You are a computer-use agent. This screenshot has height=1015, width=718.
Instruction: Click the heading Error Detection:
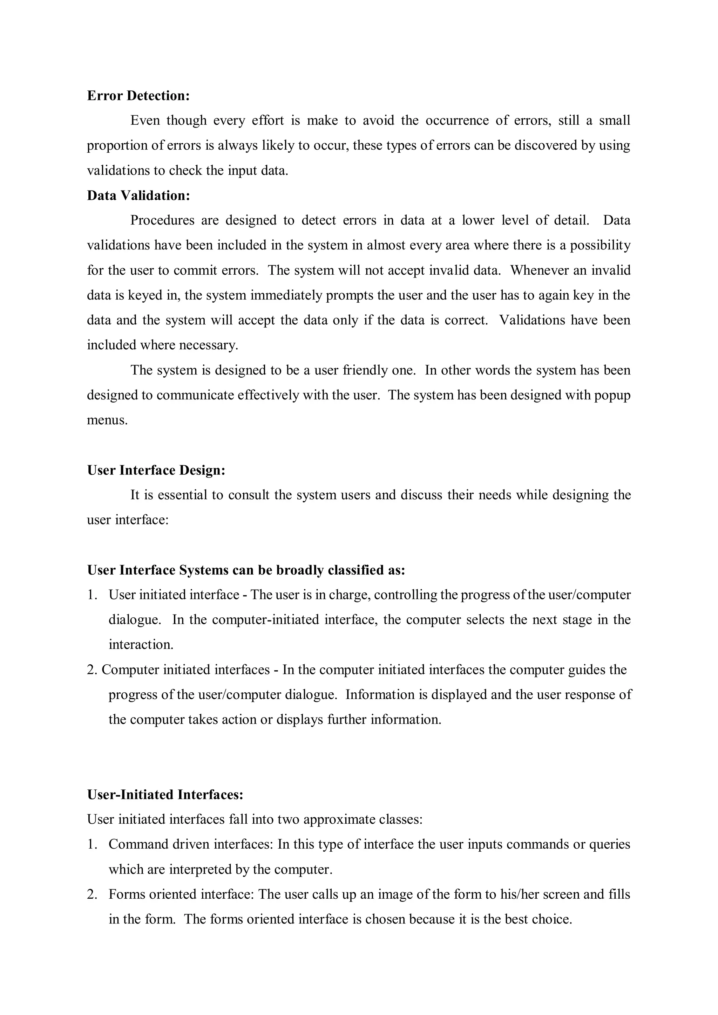click(x=138, y=96)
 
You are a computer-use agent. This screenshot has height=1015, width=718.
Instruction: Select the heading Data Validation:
click(x=138, y=196)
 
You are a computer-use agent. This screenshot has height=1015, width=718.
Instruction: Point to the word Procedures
click(x=162, y=220)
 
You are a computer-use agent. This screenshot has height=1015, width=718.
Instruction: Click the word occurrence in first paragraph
click(x=456, y=121)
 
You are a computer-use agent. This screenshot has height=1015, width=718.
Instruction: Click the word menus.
click(x=107, y=420)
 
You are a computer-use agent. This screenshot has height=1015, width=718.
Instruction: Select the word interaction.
click(x=141, y=645)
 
